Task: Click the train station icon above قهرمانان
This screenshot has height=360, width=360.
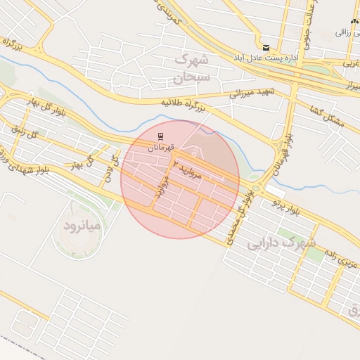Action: pyautogui.click(x=161, y=136)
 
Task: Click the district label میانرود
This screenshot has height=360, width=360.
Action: pyautogui.click(x=84, y=226)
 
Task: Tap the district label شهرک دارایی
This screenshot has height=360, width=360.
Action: pyautogui.click(x=281, y=243)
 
